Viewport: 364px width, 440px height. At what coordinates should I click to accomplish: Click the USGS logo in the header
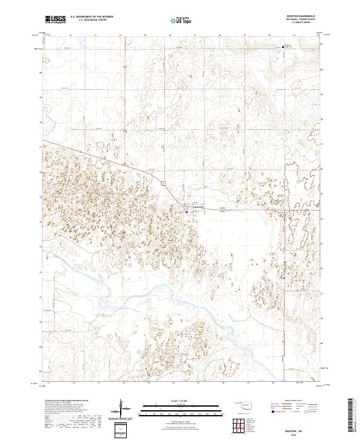point(56,19)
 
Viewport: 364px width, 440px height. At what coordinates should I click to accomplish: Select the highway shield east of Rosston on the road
point(223,209)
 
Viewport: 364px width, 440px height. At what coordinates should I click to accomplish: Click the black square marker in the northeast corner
point(283,47)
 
